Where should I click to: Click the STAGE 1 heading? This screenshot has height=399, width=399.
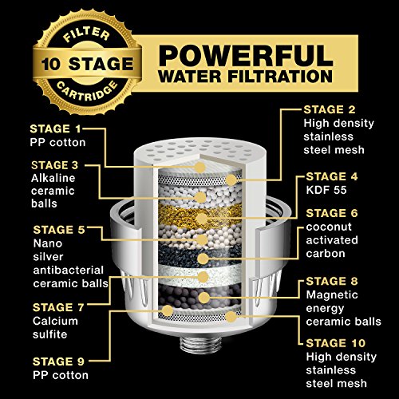[55, 129]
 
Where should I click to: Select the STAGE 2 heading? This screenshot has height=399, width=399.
[330, 110]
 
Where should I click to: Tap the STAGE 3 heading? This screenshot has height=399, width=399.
[55, 165]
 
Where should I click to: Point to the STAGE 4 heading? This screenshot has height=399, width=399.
[332, 176]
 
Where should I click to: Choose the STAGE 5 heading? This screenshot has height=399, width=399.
[59, 230]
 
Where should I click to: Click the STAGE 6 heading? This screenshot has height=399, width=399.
[332, 213]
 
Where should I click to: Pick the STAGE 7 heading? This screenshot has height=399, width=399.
[58, 308]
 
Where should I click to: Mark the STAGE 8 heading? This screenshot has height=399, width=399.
[332, 282]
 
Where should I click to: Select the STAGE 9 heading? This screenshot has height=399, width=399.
[58, 361]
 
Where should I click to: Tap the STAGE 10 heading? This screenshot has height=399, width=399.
[336, 343]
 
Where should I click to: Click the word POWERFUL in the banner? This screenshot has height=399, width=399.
[246, 55]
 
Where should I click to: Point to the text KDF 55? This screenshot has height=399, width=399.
[326, 190]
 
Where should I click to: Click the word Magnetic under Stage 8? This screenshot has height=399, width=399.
[332, 294]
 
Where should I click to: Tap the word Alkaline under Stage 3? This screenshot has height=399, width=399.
[53, 178]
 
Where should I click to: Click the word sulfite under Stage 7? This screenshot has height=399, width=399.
[49, 334]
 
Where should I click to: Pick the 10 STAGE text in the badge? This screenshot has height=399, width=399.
[87, 64]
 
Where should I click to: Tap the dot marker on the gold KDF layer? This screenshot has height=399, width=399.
[202, 219]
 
